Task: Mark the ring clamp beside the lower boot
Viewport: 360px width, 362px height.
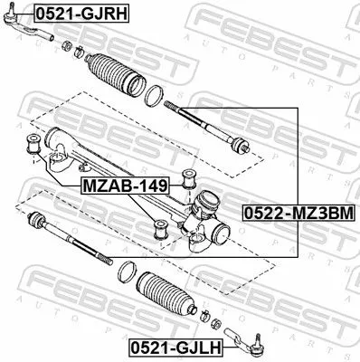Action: (128, 270)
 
